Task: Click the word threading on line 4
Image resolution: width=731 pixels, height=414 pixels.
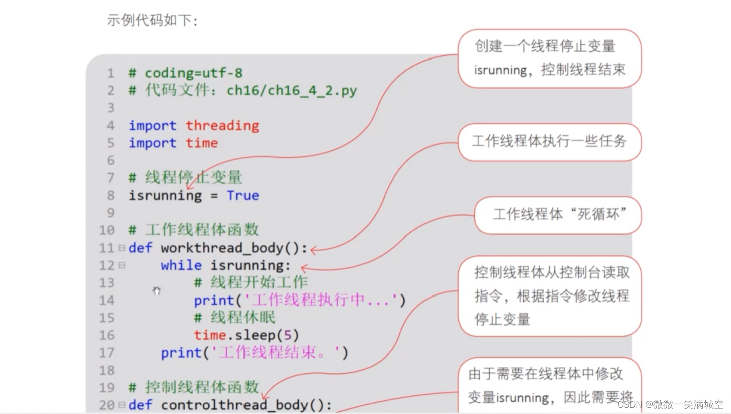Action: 222,126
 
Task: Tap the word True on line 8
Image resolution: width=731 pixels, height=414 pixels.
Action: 242,196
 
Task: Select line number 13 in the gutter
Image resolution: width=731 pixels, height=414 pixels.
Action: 107,283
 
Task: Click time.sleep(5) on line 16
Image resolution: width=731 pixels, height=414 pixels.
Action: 246,335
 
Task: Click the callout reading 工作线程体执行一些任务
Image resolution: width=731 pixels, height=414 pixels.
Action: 549,142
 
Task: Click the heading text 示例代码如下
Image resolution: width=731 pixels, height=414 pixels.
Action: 152,20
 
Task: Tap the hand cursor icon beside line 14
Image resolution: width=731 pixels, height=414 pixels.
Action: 157,291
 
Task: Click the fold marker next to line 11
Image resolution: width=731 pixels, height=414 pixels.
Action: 121,248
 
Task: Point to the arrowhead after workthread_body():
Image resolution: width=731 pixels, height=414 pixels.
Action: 314,249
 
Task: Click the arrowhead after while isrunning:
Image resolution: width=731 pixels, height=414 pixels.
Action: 303,267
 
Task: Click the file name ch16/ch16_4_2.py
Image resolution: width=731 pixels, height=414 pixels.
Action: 292,91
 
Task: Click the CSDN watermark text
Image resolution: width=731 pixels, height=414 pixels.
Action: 670,404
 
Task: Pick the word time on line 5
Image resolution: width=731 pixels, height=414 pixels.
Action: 201,143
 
